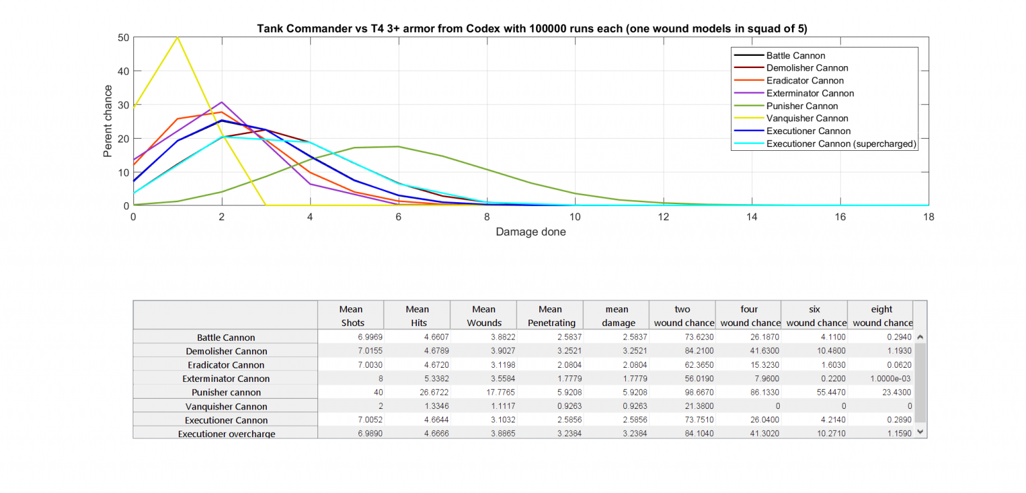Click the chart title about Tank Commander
click(x=532, y=28)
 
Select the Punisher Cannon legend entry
click(x=802, y=106)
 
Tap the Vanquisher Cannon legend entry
click(x=807, y=118)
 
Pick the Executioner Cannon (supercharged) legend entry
click(x=841, y=144)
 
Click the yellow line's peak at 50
click(x=178, y=37)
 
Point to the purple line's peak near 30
click(x=222, y=102)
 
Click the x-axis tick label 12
click(x=663, y=217)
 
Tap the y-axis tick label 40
click(x=123, y=71)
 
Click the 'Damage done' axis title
click(x=530, y=232)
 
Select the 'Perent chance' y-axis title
click(x=108, y=121)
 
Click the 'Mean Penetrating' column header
click(x=551, y=316)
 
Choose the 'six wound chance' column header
click(x=815, y=316)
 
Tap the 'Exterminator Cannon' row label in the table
click(x=226, y=379)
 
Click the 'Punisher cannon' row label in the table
click(x=226, y=392)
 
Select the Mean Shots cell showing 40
click(x=378, y=392)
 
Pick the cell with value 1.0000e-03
click(x=891, y=379)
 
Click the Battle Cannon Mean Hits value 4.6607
click(x=436, y=337)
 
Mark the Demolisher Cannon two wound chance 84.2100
click(x=699, y=351)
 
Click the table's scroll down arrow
click(x=920, y=432)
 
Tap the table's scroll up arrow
click(x=920, y=337)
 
